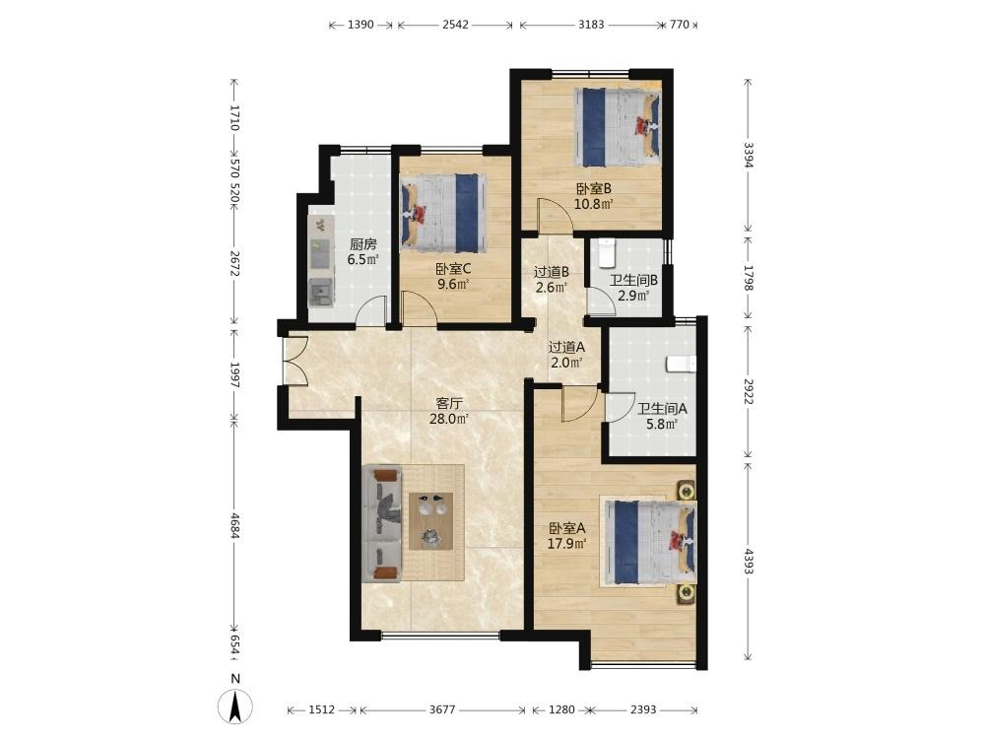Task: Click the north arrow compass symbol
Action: click(x=235, y=705)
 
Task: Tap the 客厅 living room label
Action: click(x=448, y=403)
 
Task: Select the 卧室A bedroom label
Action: click(x=566, y=528)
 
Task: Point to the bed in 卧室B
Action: click(x=617, y=127)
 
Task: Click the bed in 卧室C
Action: click(x=444, y=213)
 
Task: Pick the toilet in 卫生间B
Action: click(x=606, y=252)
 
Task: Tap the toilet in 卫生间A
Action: click(x=681, y=364)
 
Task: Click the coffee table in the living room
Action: click(x=431, y=521)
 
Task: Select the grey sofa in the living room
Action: click(x=382, y=524)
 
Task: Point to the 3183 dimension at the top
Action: click(x=591, y=25)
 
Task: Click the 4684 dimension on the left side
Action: click(x=235, y=526)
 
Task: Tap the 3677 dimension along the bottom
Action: click(x=442, y=709)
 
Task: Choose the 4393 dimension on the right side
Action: click(x=749, y=561)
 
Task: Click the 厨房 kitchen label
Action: click(x=363, y=244)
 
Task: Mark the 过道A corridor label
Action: click(x=566, y=347)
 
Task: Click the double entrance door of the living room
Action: click(x=294, y=361)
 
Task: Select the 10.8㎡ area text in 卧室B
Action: click(x=594, y=204)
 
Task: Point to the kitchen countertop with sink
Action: click(x=321, y=260)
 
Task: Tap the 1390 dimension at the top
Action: click(x=361, y=25)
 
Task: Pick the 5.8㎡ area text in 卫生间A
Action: click(x=662, y=424)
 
